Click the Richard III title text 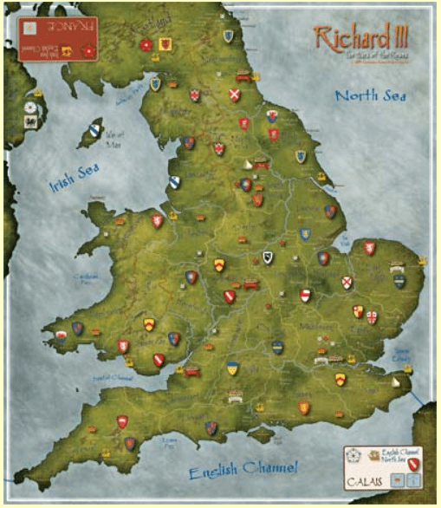point(360,40)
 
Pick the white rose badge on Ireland point(30,107)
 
